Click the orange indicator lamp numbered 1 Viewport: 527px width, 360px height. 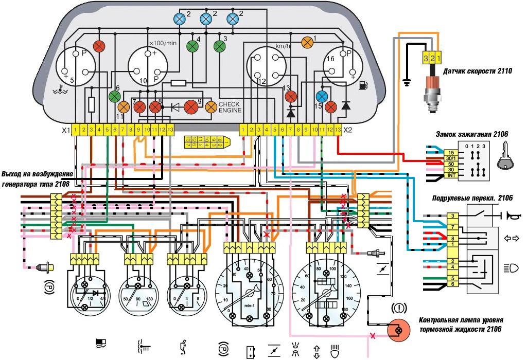point(307,42)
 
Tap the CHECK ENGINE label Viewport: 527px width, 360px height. point(230,107)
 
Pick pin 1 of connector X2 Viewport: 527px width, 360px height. point(243,129)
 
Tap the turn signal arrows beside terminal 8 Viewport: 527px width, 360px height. point(513,239)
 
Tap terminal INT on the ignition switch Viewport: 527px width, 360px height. point(436,176)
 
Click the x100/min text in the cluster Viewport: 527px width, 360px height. point(163,43)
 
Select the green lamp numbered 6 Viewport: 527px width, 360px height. point(115,96)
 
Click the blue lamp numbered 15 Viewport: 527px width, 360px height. point(322,96)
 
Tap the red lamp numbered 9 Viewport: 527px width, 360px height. point(191,107)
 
